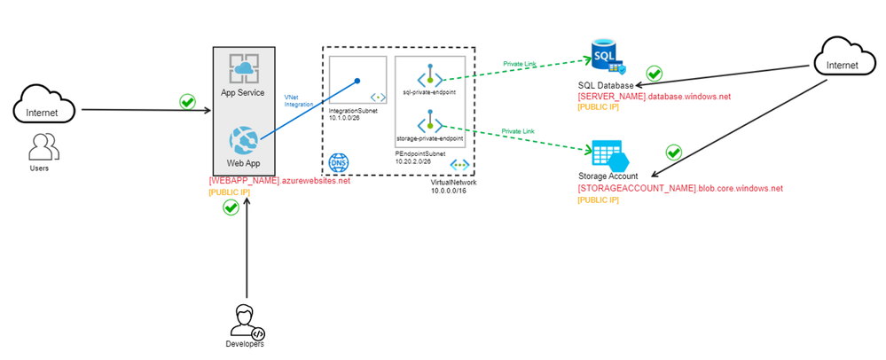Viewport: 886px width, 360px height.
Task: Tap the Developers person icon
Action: pos(246,320)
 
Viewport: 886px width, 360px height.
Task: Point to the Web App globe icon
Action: pos(243,141)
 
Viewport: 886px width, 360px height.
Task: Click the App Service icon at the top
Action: pos(243,69)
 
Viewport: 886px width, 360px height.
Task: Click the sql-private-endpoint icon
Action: pos(430,75)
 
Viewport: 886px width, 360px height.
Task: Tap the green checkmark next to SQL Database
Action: pos(655,73)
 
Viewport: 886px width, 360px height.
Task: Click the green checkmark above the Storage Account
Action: pos(673,152)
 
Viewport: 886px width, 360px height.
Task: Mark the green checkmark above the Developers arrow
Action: pos(230,207)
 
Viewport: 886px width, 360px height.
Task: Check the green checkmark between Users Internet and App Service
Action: pos(187,101)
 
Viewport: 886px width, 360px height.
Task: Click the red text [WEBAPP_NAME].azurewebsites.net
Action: pos(279,181)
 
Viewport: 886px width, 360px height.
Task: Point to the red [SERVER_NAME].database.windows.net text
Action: pos(654,96)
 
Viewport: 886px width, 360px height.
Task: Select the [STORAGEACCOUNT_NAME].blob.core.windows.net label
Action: pos(680,189)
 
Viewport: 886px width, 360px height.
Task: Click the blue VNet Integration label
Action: pos(298,99)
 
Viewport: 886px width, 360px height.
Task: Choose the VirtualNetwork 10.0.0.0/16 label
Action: pos(452,186)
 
